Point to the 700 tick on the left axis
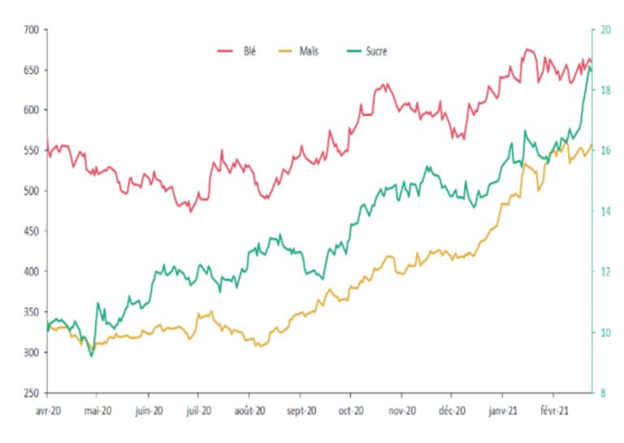point(32,30)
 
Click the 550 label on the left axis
point(32,150)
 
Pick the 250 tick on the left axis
point(32,393)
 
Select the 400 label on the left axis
point(32,271)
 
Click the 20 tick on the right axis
point(605,30)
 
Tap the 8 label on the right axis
point(603,393)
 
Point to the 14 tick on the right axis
point(605,211)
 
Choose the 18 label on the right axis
point(605,90)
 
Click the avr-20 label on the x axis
point(46,411)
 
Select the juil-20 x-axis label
point(198,411)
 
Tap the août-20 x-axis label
point(249,411)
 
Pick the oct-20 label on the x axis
point(350,411)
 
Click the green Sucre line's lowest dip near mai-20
point(92,356)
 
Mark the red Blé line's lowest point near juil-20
point(191,211)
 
